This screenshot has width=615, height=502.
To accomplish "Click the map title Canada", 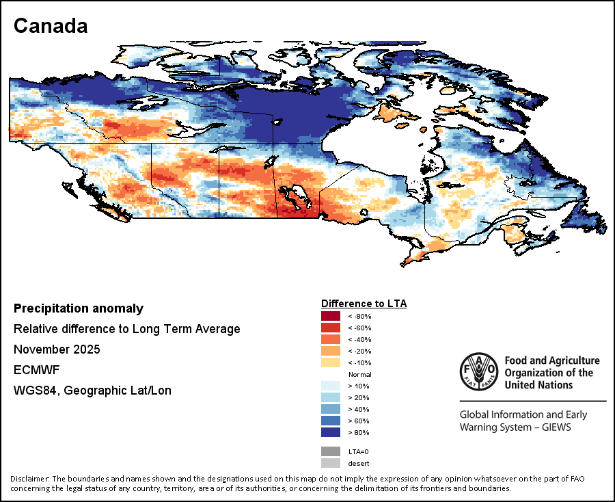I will [51, 26].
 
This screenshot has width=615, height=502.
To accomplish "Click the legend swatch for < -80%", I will [331, 316].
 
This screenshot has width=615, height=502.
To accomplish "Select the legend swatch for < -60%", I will [331, 328].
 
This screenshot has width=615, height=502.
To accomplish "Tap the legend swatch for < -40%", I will [331, 339].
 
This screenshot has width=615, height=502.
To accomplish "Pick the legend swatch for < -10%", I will [331, 362].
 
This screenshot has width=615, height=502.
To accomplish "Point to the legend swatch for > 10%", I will [331, 386].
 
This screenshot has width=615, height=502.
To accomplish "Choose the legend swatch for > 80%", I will [331, 432].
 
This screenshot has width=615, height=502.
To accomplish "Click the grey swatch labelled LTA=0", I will [331, 451].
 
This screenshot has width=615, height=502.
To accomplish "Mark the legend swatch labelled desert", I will [331, 463].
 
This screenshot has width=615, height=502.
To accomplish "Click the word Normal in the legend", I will [359, 374].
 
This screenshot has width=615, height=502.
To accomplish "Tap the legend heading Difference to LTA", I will [364, 303].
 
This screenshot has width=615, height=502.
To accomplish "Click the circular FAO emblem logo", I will [479, 372].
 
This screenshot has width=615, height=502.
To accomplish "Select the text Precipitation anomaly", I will [79, 308].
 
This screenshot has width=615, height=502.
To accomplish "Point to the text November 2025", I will [57, 349].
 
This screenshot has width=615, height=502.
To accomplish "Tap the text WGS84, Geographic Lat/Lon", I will [92, 391].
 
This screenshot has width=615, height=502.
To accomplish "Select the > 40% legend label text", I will [359, 409].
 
